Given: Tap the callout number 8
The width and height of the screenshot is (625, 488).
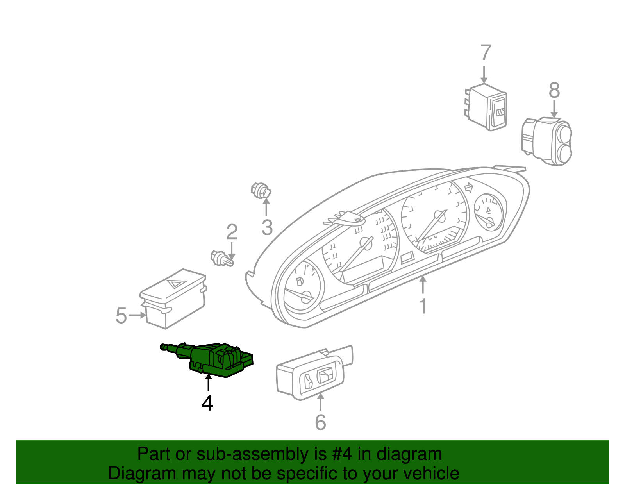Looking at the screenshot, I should [554, 91].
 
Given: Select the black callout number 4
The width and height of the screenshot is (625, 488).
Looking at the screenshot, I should [207, 403].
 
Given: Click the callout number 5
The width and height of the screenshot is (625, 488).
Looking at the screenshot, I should [121, 316].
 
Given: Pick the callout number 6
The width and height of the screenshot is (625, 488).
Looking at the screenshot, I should [320, 422].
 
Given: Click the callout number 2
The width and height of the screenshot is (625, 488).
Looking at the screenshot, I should [232, 232].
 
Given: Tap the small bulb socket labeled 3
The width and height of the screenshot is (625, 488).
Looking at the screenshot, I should [261, 190].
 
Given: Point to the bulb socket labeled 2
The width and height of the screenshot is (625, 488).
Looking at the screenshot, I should [221, 259].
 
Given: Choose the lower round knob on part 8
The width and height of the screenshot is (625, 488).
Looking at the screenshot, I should [564, 154].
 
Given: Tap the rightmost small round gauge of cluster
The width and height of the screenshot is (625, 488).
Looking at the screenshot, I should [488, 211].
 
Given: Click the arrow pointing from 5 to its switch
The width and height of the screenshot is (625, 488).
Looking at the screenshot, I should [137, 315].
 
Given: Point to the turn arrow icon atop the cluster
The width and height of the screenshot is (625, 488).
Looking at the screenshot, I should [469, 188].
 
